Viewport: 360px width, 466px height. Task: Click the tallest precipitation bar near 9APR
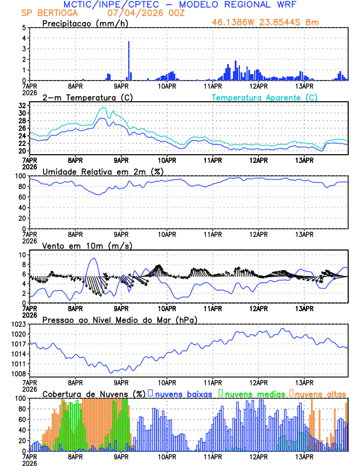point(129,59)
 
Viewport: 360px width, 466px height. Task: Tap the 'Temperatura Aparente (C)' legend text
point(264,97)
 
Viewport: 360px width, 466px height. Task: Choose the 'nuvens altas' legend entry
point(320,393)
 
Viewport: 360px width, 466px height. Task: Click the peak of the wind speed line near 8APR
point(93,258)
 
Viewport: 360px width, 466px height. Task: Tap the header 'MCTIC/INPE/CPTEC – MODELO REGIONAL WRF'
point(180,4)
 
